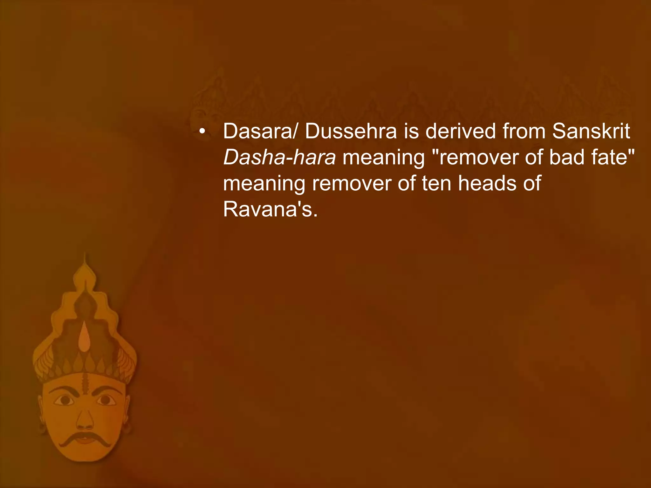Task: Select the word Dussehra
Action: point(351,131)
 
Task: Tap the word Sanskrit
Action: point(591,131)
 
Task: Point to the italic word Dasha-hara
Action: point(279,158)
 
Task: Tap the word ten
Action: point(436,184)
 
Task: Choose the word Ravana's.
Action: point(270,210)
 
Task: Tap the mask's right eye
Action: point(107,400)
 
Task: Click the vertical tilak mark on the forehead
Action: point(85,383)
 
